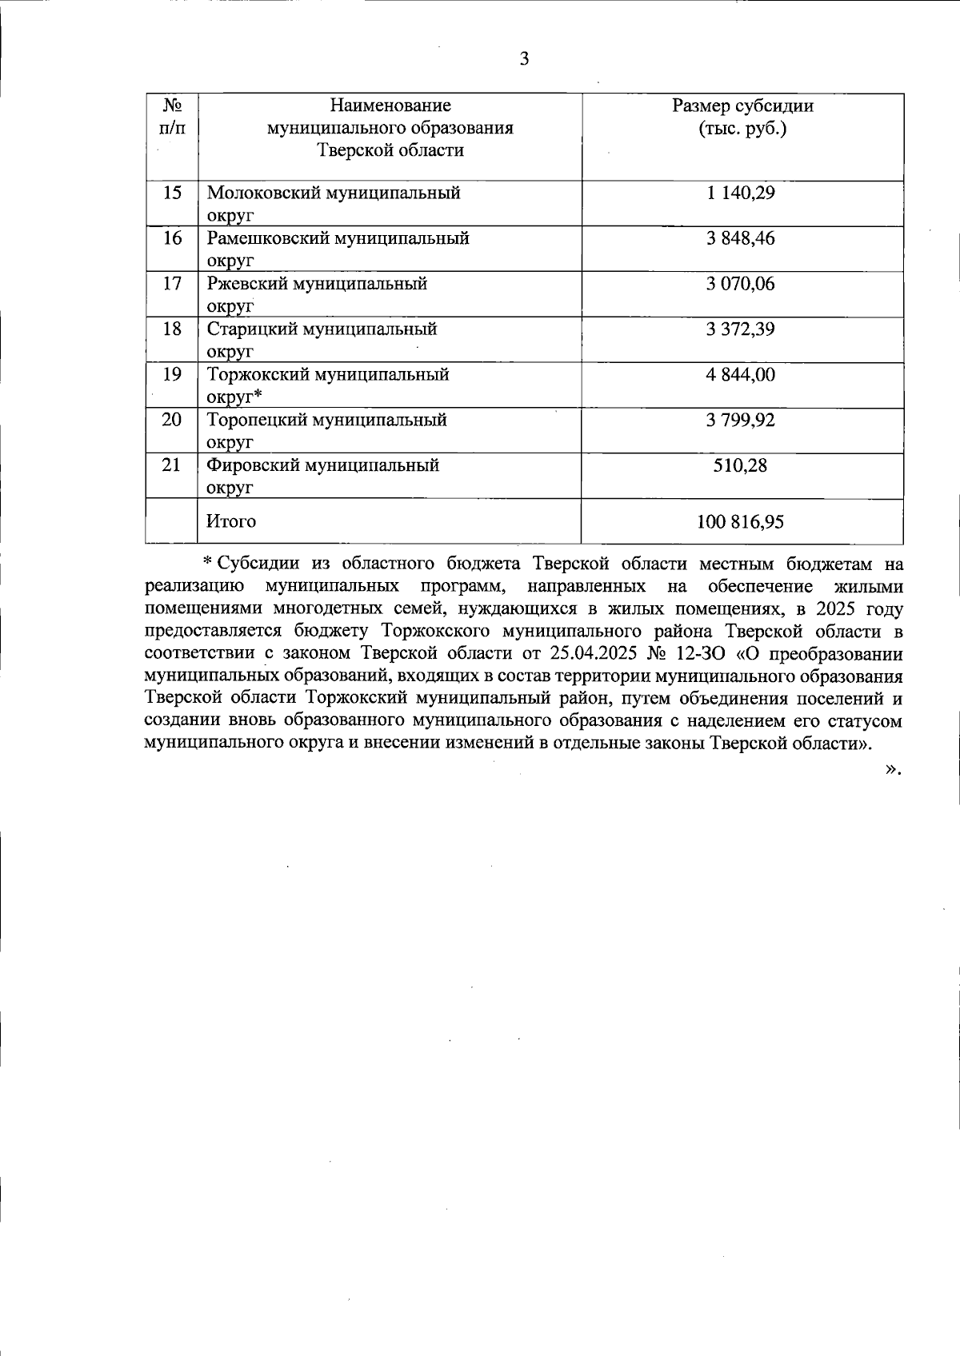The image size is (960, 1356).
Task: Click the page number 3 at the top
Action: point(524,59)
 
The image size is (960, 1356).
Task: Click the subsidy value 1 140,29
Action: point(741,193)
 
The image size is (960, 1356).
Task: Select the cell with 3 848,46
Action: point(741,238)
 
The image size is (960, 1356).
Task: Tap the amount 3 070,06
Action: point(741,284)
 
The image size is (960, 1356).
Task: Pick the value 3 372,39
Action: point(741,329)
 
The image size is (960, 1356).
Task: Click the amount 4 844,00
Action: point(741,374)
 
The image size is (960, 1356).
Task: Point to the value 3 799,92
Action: point(741,420)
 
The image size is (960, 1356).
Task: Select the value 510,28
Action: point(741,465)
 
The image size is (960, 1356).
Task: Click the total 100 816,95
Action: point(741,522)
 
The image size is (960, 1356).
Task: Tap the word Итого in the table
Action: point(231,522)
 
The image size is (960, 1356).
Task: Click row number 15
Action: point(172,193)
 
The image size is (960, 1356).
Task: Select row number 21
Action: point(172,465)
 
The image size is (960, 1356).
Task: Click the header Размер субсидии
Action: point(742,106)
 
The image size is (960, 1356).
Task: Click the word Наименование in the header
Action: point(390,106)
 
